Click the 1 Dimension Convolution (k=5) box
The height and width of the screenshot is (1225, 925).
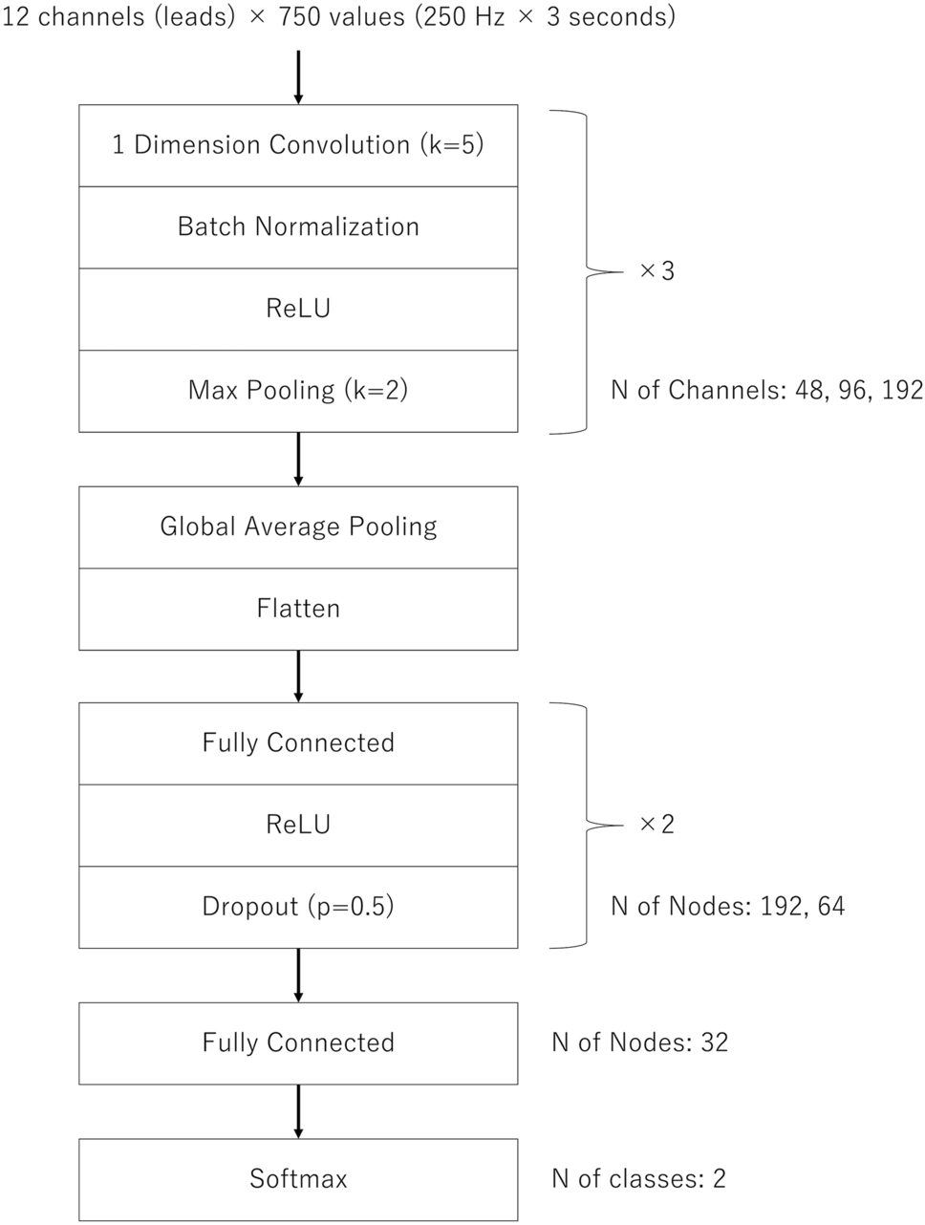point(298,145)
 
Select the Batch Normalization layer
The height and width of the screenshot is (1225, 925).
point(298,227)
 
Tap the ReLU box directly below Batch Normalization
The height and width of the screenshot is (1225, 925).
point(298,309)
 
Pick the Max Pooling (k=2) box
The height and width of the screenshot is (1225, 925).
point(298,391)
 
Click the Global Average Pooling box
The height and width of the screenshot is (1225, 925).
point(298,527)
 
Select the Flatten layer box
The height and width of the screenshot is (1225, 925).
point(298,609)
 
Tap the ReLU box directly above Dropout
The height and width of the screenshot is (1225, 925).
point(298,825)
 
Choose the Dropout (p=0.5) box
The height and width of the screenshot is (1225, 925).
point(298,907)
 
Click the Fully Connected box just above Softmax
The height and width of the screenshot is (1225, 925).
point(298,1042)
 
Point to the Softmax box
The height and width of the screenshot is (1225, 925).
point(298,1179)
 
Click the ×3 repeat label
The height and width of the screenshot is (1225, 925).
point(656,271)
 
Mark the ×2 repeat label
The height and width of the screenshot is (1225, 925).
point(656,825)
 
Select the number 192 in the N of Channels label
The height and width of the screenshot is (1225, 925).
point(902,390)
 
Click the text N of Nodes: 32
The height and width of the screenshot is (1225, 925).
point(639,1042)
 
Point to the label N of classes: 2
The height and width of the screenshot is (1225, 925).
point(638,1179)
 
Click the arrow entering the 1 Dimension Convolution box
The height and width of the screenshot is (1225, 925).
point(298,76)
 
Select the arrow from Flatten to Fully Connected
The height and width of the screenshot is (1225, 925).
point(298,677)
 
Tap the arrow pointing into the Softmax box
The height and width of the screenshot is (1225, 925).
point(298,1111)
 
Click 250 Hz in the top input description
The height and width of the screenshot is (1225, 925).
point(464,18)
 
